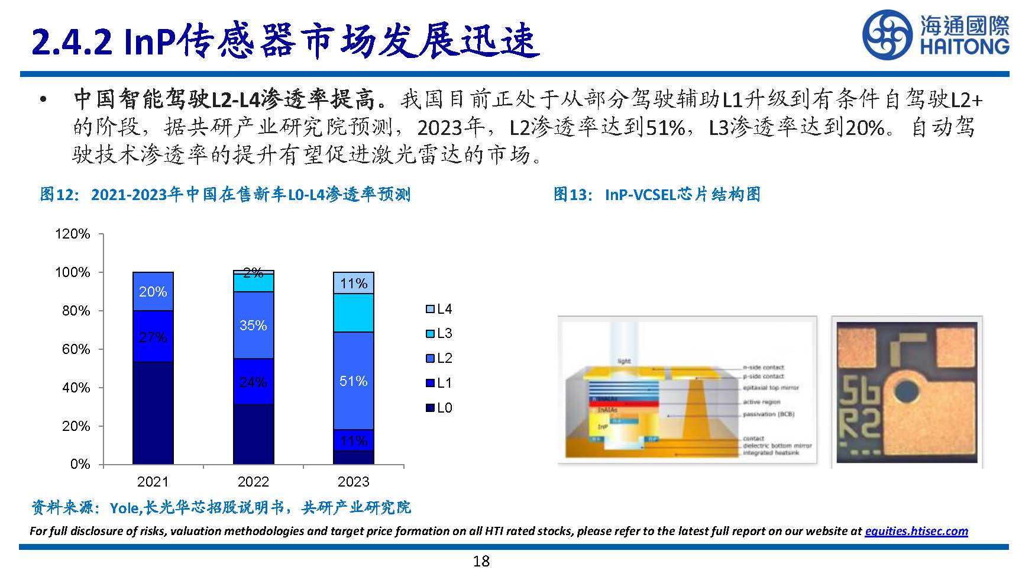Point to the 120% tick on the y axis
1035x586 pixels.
[x=73, y=234]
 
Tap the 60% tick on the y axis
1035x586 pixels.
[x=76, y=349]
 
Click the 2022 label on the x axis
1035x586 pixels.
[x=253, y=482]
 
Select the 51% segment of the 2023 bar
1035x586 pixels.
[x=354, y=381]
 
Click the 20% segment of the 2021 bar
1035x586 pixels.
[x=153, y=291]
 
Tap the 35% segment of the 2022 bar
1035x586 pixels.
[x=253, y=325]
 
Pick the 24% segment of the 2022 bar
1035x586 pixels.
[x=253, y=382]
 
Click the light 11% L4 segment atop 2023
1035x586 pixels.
[x=354, y=283]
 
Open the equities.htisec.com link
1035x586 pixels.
[x=916, y=531]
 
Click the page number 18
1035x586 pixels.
[x=481, y=561]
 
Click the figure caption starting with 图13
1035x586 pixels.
[x=656, y=194]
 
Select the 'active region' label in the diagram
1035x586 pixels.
[x=762, y=402]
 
